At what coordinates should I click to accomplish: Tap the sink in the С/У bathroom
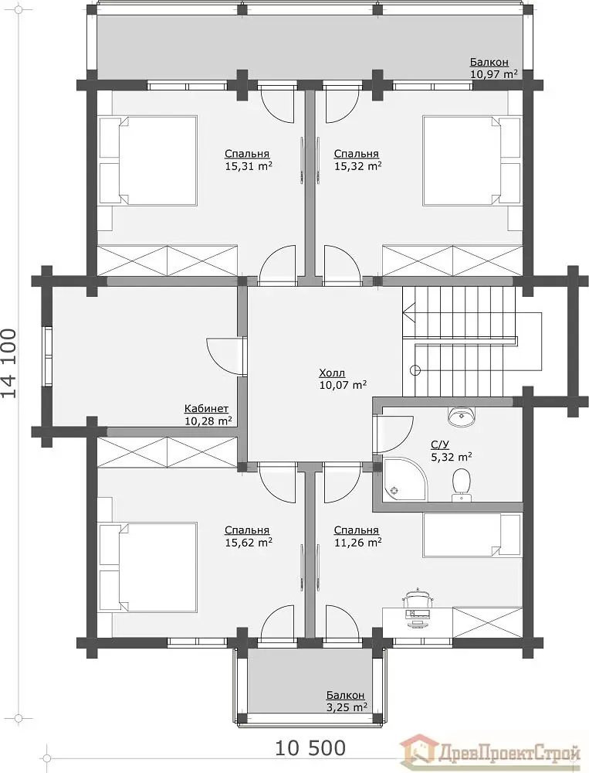coord(461,416)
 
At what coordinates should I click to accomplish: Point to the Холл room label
coord(333,373)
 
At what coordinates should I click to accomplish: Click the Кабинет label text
coord(206,409)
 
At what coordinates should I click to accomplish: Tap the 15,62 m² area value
coord(249,543)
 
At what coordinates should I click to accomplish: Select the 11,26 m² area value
coord(358,543)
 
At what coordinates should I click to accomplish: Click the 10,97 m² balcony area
coord(494,74)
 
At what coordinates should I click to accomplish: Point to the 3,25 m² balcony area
coord(347,707)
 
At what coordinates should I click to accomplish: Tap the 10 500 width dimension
coord(310,747)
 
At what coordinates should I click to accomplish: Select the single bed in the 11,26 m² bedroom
coord(472,536)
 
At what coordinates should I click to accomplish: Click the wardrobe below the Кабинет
coord(168,452)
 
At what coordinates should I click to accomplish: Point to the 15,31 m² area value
coord(249,166)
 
